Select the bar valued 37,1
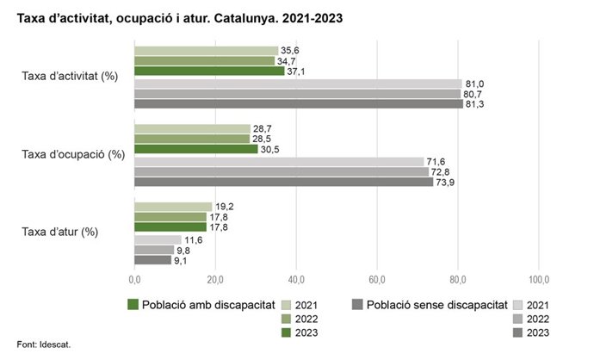click(209, 71)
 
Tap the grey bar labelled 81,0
click(298, 83)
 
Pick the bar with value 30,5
click(196, 148)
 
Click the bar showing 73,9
click(284, 182)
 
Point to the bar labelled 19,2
click(173, 206)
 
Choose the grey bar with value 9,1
click(153, 259)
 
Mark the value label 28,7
click(263, 128)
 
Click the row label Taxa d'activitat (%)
click(70, 77)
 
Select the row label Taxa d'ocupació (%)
click(73, 154)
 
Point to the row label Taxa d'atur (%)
click(59, 232)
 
